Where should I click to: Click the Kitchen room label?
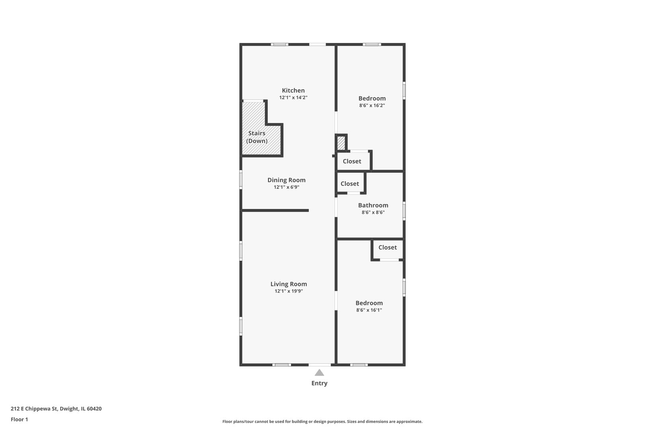pos(293,90)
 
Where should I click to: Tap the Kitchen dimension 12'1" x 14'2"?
pos(293,98)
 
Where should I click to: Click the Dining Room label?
pos(286,180)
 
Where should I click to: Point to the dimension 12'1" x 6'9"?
pos(286,187)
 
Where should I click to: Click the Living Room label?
pos(289,284)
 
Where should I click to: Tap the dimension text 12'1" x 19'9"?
pos(289,291)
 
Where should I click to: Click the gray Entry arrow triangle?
pos(319,373)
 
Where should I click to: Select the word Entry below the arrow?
pos(319,383)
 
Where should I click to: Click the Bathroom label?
pos(373,205)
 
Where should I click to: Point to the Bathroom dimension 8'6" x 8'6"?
pos(373,212)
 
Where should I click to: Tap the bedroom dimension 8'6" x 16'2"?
pos(372,106)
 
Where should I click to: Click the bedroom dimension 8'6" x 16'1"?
pos(369,310)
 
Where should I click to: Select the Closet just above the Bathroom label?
pos(350,184)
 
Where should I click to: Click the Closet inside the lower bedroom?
pos(387,247)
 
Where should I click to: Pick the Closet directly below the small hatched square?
pos(352,161)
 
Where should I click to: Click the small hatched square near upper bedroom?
pos(341,143)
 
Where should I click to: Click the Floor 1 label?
pos(20,419)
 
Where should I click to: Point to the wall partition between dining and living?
pos(275,210)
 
